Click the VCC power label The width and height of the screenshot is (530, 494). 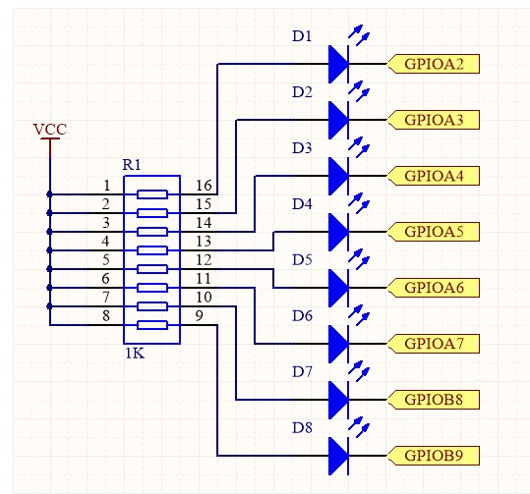click(x=50, y=129)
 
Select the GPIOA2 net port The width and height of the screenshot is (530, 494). click(x=434, y=64)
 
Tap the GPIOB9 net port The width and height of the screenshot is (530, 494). click(x=434, y=456)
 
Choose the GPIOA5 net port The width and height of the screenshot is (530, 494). click(x=434, y=232)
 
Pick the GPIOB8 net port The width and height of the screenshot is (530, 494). click(x=434, y=400)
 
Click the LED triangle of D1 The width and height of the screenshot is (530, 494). click(x=338, y=64)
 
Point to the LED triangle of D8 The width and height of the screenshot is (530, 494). click(x=338, y=456)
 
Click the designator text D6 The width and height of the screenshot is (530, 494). click(x=302, y=316)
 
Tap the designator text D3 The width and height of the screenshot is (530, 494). click(x=302, y=148)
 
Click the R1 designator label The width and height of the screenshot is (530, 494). click(x=132, y=165)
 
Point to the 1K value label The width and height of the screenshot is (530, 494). click(x=135, y=354)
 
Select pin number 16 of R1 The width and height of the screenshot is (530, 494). click(x=204, y=186)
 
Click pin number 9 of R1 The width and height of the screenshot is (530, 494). click(x=200, y=315)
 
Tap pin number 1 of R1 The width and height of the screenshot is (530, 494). click(x=107, y=186)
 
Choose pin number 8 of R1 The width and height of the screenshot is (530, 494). click(x=106, y=315)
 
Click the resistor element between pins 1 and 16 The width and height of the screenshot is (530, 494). click(x=152, y=194)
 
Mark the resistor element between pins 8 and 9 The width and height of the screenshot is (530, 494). click(x=152, y=325)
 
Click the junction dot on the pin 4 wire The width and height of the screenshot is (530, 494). click(x=50, y=250)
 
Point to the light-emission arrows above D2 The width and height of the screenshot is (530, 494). click(x=359, y=91)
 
